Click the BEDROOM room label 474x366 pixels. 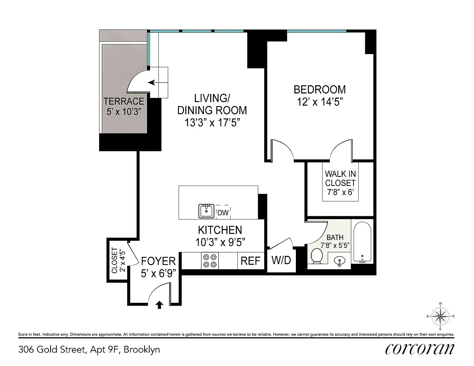320,90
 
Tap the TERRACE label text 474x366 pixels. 124,101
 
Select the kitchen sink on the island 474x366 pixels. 206,211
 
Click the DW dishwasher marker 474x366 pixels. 223,212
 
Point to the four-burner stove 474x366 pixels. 210,261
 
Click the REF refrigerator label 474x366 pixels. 250,261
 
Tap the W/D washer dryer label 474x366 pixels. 281,260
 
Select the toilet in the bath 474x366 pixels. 316,256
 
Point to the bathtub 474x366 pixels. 362,242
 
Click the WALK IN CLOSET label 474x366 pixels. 340,178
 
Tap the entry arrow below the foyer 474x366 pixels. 159,305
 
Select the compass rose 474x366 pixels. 440,316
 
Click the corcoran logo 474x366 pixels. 419,349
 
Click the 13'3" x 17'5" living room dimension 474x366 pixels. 212,122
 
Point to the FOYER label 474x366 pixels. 158,261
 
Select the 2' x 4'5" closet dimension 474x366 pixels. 122,261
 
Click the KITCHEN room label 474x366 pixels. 220,230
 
